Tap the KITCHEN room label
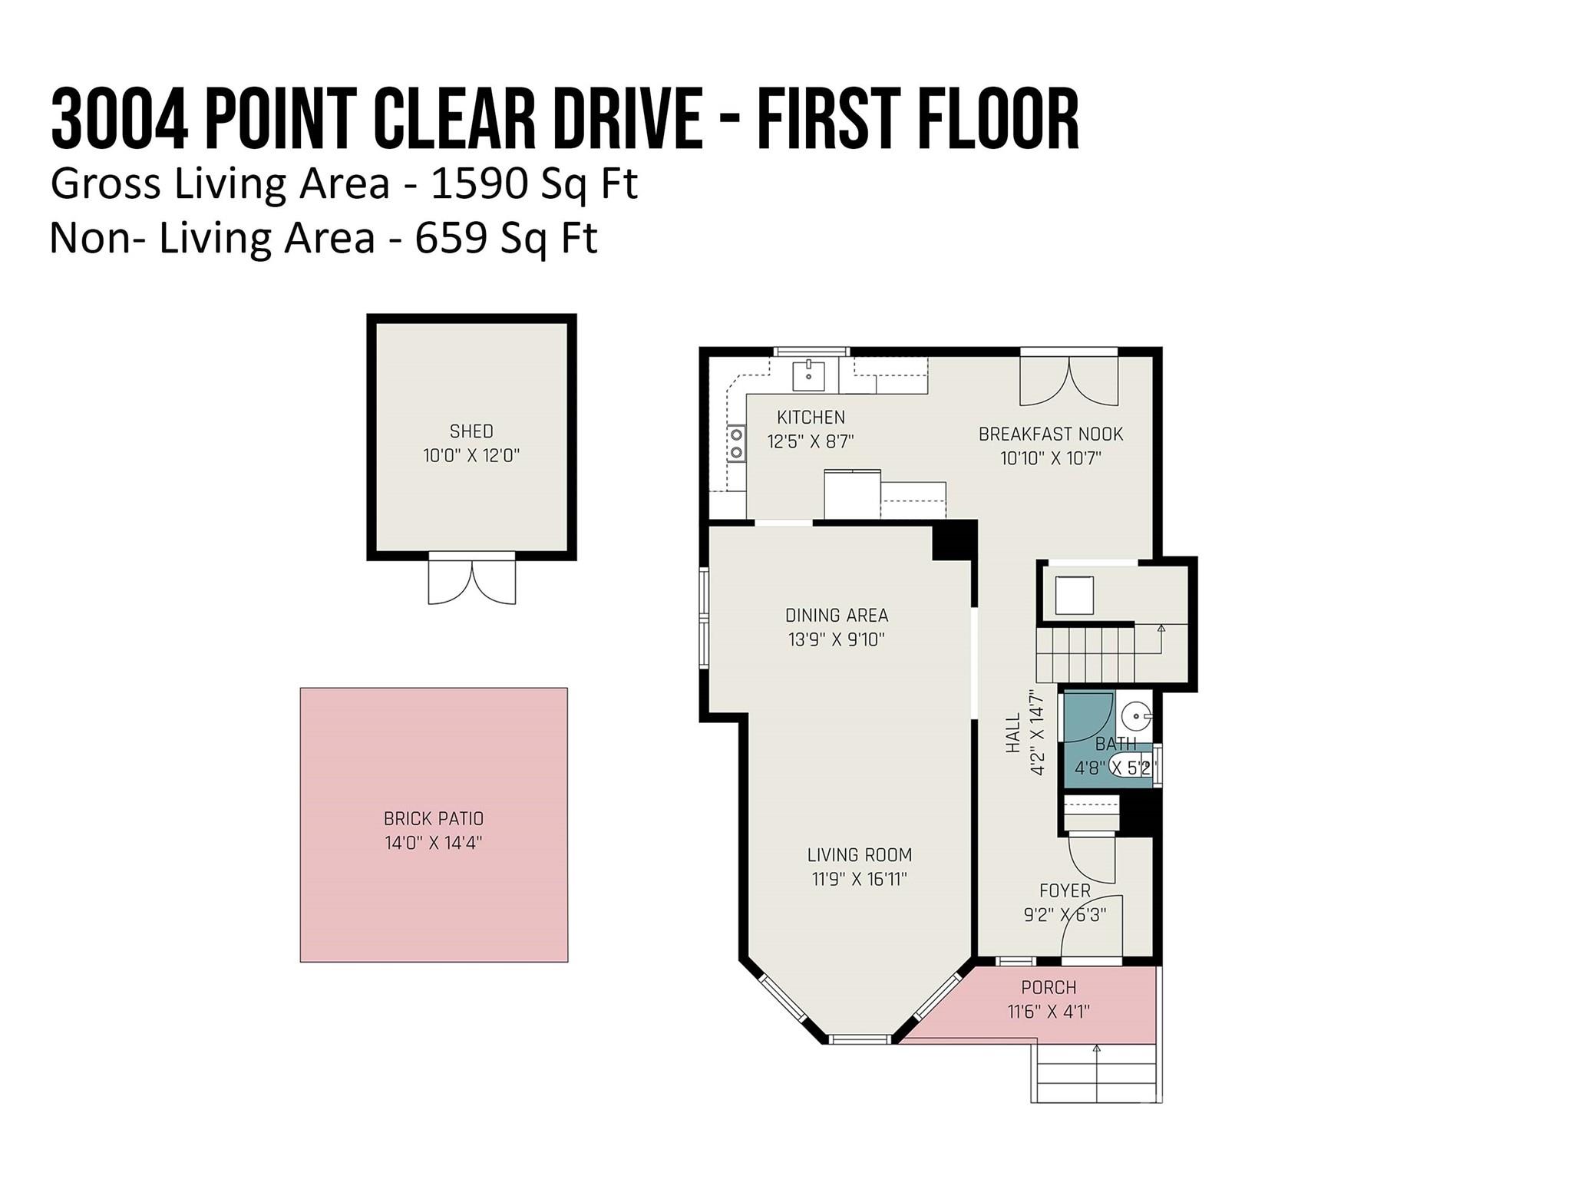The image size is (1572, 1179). click(x=811, y=418)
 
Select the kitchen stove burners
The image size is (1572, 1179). click(x=736, y=444)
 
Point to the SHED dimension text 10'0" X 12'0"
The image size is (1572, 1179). click(x=471, y=456)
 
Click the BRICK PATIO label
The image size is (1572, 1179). click(x=434, y=818)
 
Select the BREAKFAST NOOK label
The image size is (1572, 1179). click(x=1050, y=434)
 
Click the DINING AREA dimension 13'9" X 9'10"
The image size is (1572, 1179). click(x=837, y=639)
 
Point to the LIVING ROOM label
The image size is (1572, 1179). click(x=859, y=855)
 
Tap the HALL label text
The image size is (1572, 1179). click(x=1013, y=733)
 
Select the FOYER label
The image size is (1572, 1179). click(x=1065, y=890)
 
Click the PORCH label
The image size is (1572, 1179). click(x=1049, y=987)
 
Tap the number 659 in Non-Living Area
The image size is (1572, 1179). click(x=451, y=238)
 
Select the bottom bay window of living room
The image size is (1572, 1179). click(x=859, y=1039)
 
